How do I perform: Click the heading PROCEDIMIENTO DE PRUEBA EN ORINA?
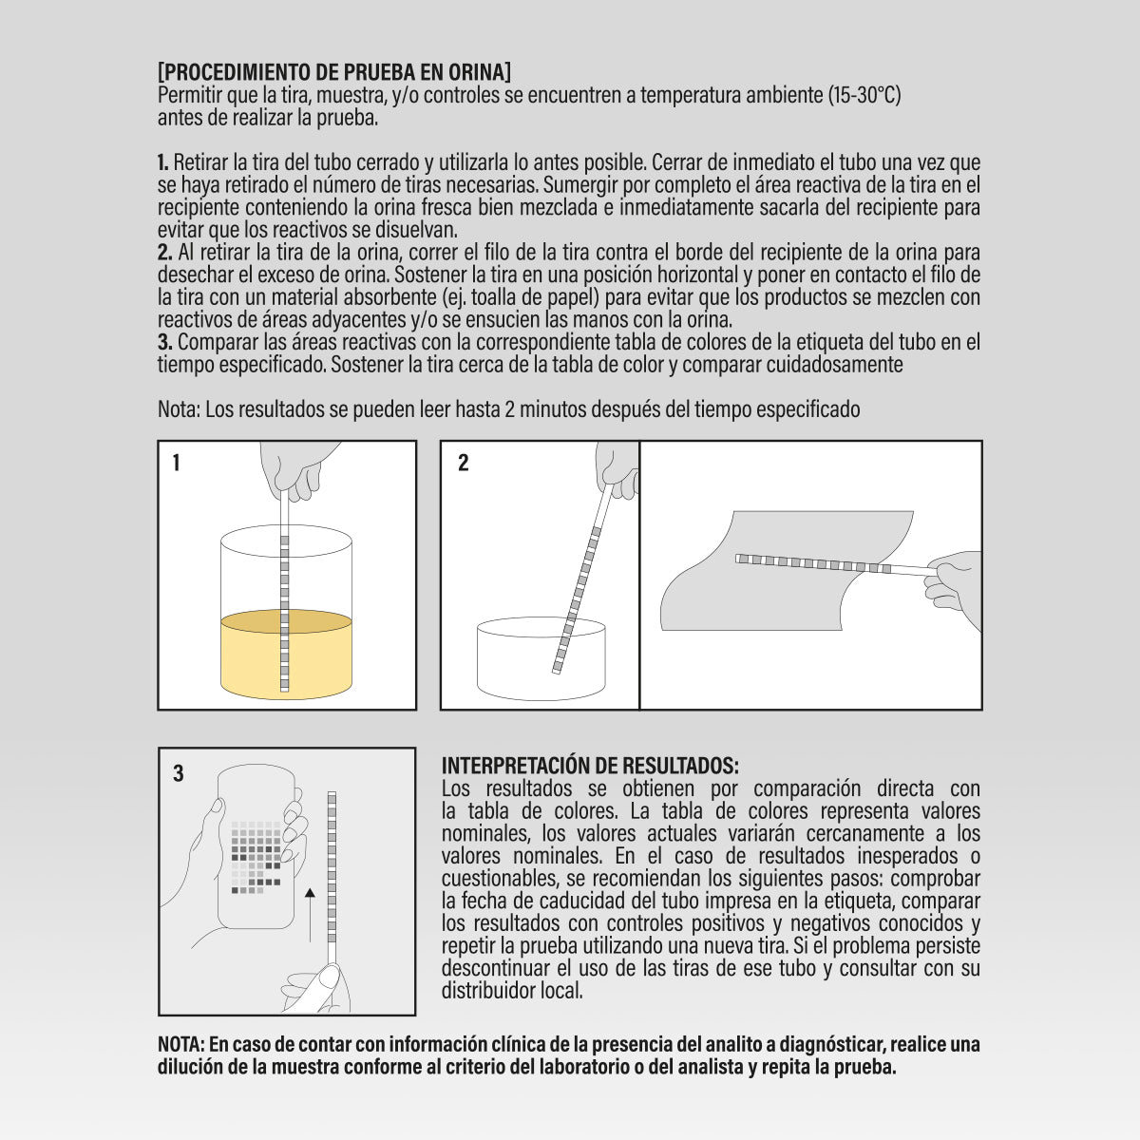334,72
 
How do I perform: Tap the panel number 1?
177,464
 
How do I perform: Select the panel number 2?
463,464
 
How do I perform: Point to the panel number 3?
179,774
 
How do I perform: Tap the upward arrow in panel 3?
310,912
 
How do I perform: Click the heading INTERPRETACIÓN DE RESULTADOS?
590,766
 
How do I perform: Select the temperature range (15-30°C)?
864,95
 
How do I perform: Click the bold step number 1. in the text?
163,162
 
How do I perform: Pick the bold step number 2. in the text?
164,253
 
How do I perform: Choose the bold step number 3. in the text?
164,342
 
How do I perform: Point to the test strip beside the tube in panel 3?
332,864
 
